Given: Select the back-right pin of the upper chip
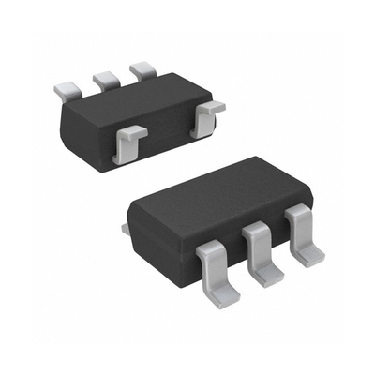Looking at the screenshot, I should click(x=143, y=69).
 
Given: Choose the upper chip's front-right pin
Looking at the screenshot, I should click(x=206, y=119).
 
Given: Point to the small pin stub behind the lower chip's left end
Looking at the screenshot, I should click(x=125, y=227).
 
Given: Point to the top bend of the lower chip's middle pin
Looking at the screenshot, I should click(x=254, y=232).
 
